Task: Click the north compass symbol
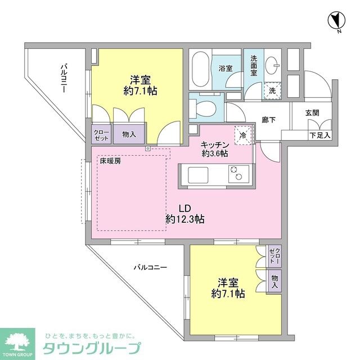pyautogui.click(x=336, y=21)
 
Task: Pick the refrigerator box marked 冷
pyautogui.click(x=242, y=134)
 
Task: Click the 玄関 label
pyautogui.click(x=312, y=112)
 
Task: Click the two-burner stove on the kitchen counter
pyautogui.click(x=236, y=174)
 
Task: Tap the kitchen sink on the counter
pyautogui.click(x=199, y=175)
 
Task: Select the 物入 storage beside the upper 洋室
pyautogui.click(x=129, y=134)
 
